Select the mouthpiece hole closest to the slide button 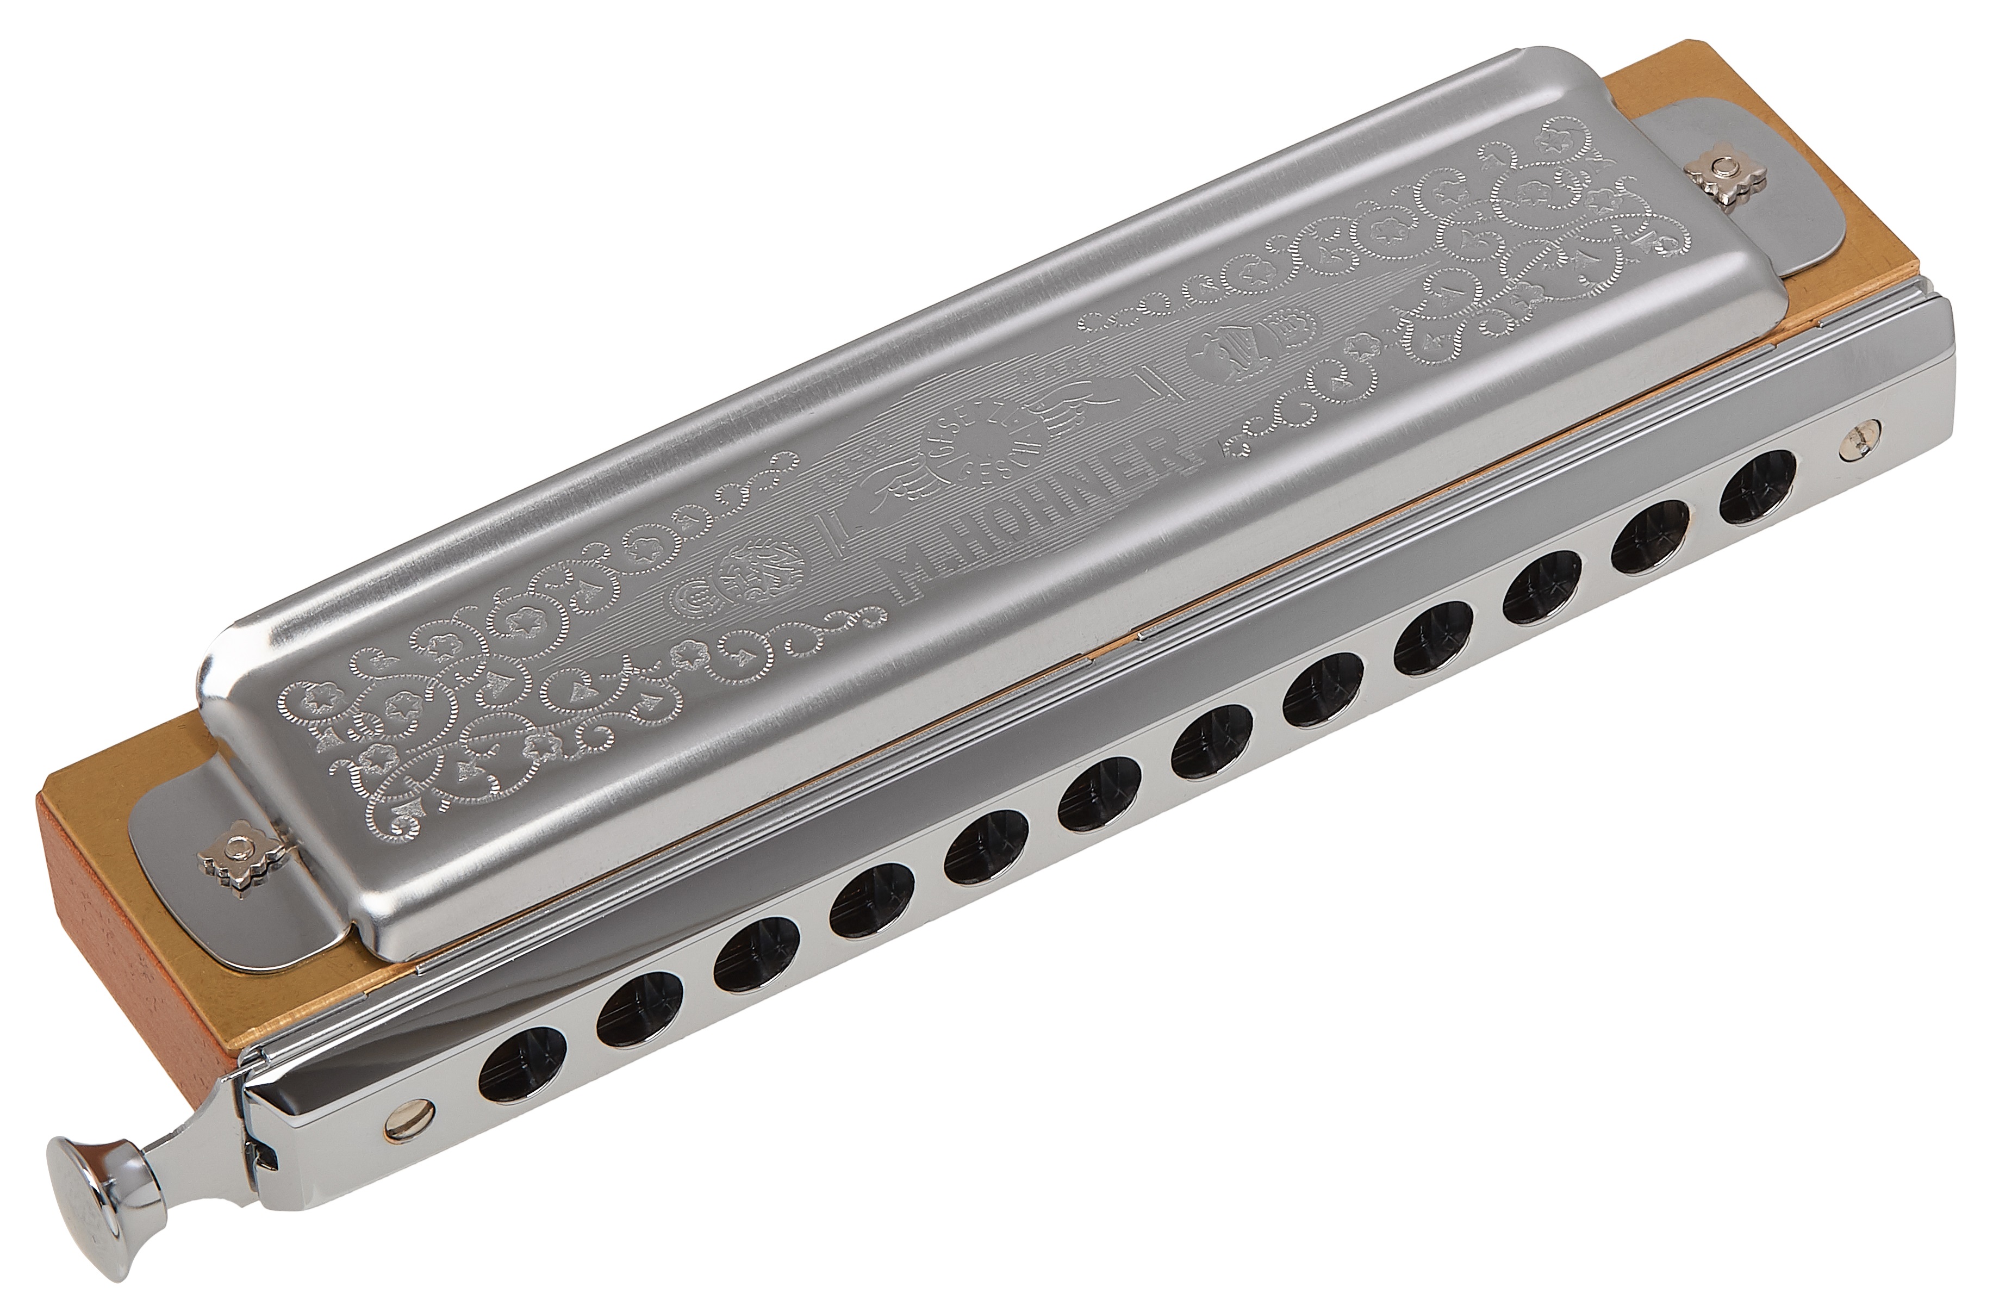pos(524,1062)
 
